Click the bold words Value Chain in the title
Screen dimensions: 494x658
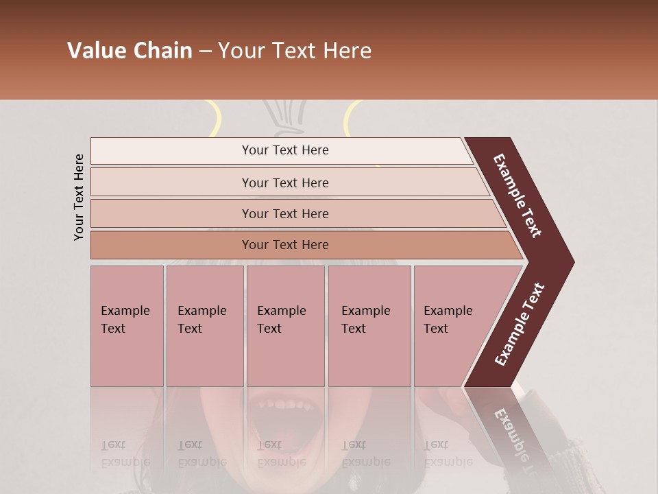coord(130,51)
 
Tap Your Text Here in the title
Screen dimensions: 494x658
coord(295,51)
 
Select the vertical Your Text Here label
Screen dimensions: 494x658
coord(79,197)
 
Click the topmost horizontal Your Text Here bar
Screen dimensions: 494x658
coord(284,150)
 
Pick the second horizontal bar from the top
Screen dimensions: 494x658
coord(284,183)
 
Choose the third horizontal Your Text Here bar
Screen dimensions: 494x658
coord(284,213)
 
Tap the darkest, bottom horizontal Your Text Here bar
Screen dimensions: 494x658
coord(284,245)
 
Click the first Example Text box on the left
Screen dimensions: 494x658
coord(127,326)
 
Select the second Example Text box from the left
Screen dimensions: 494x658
coord(204,326)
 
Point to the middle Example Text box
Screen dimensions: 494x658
coord(285,326)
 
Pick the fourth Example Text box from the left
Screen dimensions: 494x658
coord(369,326)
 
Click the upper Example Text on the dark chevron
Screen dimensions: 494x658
coord(517,196)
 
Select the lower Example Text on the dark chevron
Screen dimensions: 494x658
coord(519,324)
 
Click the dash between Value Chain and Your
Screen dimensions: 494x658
coord(205,51)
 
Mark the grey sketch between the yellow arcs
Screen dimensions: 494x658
coord(284,115)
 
